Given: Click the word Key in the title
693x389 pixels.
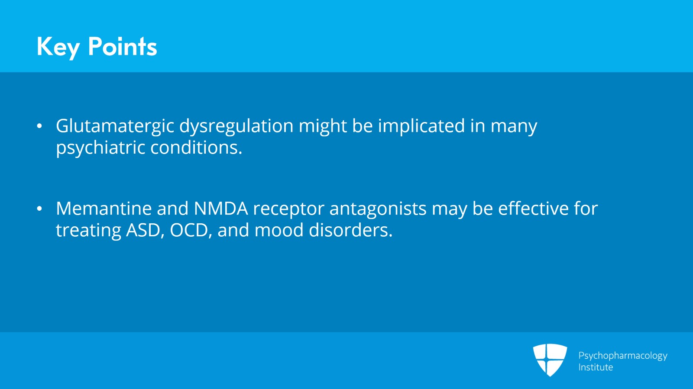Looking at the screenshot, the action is click(58, 48).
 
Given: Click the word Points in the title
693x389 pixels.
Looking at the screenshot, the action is click(123, 47).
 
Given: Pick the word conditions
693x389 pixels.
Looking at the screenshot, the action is click(196, 148).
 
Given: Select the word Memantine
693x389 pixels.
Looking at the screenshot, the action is click(104, 209).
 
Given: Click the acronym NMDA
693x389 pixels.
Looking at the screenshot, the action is click(221, 209).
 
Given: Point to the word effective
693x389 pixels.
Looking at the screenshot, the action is click(533, 209).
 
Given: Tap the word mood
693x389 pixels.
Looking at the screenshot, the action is click(279, 230).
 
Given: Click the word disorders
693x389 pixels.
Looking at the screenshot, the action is click(351, 230).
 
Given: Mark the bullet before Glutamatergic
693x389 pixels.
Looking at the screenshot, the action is click(39, 126).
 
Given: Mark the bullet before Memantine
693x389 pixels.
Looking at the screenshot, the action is click(39, 209).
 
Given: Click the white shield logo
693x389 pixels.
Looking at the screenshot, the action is click(550, 360).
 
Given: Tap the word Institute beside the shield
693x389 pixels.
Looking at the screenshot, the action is click(596, 367).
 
